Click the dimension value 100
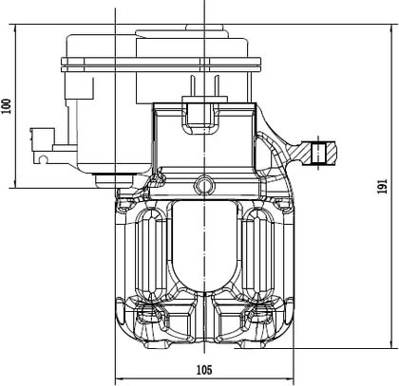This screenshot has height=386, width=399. point(7,106)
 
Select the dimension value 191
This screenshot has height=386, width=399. point(383,187)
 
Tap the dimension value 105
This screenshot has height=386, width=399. point(204,370)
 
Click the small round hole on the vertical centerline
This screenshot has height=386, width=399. point(203,185)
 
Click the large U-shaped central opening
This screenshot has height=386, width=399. point(204,246)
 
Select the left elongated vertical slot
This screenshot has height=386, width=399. point(151,254)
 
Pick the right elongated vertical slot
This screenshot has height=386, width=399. point(258,254)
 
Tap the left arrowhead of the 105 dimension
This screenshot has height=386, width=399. point(119,378)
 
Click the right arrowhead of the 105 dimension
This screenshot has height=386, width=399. point(290,378)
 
